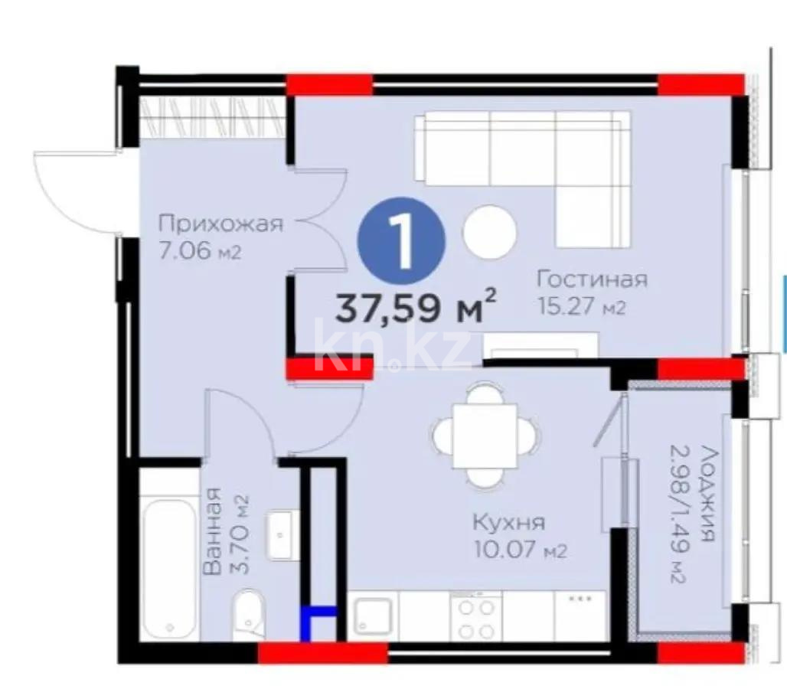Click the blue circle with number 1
(401, 241)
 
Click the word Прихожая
(220, 224)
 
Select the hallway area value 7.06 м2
(200, 251)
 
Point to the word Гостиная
(593, 279)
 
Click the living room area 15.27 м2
(582, 307)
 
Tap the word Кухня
(509, 523)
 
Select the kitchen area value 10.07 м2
(521, 550)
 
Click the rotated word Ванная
(213, 531)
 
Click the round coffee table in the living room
(490, 232)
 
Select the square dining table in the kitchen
(485, 436)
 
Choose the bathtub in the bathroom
(169, 569)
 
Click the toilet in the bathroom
(249, 615)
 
